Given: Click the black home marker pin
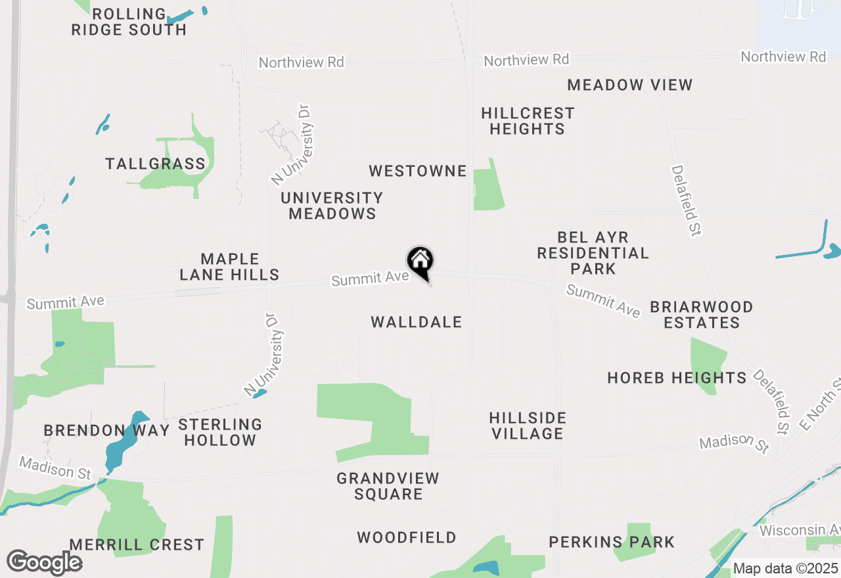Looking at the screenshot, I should click(420, 263).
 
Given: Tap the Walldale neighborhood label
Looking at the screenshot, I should click(417, 322).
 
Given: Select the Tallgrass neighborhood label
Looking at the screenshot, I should click(156, 164).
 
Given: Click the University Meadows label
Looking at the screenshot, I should click(332, 206).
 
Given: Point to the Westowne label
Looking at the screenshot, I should click(418, 171).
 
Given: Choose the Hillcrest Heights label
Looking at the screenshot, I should click(528, 121).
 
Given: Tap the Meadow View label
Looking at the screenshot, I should click(629, 85).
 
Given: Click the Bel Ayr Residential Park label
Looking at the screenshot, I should click(593, 253).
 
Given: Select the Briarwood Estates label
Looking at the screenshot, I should click(702, 315).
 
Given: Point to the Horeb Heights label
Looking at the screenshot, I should click(677, 378).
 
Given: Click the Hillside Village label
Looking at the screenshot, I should click(528, 426).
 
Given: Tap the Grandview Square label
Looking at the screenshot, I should click(388, 486).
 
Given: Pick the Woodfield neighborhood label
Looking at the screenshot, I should click(407, 537).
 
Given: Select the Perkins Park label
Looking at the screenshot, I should click(612, 542).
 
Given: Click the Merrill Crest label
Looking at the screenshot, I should click(137, 545).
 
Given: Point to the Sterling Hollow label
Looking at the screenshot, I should click(220, 432).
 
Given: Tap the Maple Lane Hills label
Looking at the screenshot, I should click(229, 267).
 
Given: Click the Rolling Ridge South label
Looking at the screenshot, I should click(129, 22).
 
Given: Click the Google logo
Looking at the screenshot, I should click(44, 562).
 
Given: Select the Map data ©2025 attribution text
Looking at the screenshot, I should click(785, 568).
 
